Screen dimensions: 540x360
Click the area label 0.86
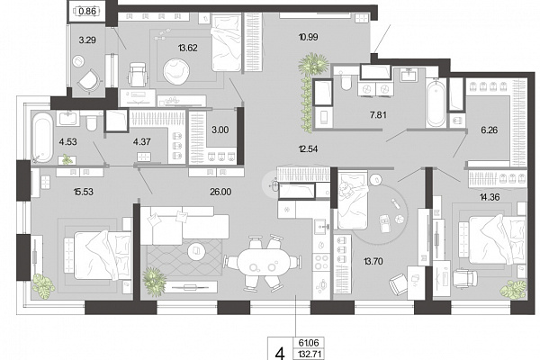point(87,12)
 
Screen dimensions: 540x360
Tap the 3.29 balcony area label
point(87,40)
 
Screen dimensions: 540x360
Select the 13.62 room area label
point(188,48)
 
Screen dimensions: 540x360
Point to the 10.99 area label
point(308,37)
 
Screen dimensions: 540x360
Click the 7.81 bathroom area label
point(378,115)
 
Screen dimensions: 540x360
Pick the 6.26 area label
point(489,130)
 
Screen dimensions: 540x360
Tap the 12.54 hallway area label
point(308,148)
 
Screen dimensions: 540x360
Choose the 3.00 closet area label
point(220,130)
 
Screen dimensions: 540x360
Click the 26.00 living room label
point(220,192)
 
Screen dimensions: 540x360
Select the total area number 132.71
point(309,354)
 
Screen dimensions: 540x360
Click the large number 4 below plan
point(281,354)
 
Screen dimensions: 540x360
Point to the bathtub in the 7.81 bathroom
point(436,103)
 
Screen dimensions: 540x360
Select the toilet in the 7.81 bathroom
point(345,81)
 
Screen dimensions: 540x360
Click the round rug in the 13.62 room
point(175,71)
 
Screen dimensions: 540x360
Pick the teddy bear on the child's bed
point(346,190)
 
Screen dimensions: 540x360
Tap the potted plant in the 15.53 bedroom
point(43,284)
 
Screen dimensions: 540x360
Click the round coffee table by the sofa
point(196,251)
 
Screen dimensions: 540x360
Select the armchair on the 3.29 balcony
point(89,82)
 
